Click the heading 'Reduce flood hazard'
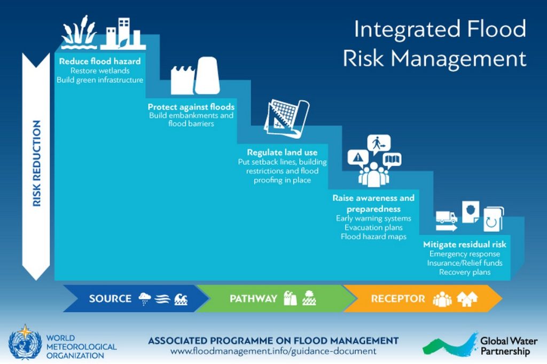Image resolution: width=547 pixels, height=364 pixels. pos(100,61)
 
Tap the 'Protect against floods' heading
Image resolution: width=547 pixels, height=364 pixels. pos(191,107)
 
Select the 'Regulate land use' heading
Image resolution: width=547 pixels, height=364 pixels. pos(282,152)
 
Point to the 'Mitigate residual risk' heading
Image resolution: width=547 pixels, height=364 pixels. pos(465,244)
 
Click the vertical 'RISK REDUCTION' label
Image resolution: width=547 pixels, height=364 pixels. pos(36,163)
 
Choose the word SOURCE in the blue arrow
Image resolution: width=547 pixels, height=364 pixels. pos(110,298)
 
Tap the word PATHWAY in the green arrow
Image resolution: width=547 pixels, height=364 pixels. pos(253,298)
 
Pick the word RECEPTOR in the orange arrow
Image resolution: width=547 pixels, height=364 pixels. pos(398,298)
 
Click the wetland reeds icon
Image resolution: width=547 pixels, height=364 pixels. pos(79,32)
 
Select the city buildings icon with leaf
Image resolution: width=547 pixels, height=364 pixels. pos(123,34)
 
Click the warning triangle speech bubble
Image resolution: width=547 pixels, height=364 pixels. pos(358,159)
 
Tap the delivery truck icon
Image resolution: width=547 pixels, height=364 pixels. pos(447,217)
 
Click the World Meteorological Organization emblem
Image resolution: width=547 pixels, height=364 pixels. pos(25,343)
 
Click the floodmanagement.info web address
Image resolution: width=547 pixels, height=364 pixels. pos(273,351)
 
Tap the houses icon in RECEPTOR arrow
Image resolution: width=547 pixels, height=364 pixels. pos(467,299)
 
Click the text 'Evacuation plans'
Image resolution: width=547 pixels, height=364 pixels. pos(373,228)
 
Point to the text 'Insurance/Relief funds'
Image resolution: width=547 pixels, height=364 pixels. pos(465,263)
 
